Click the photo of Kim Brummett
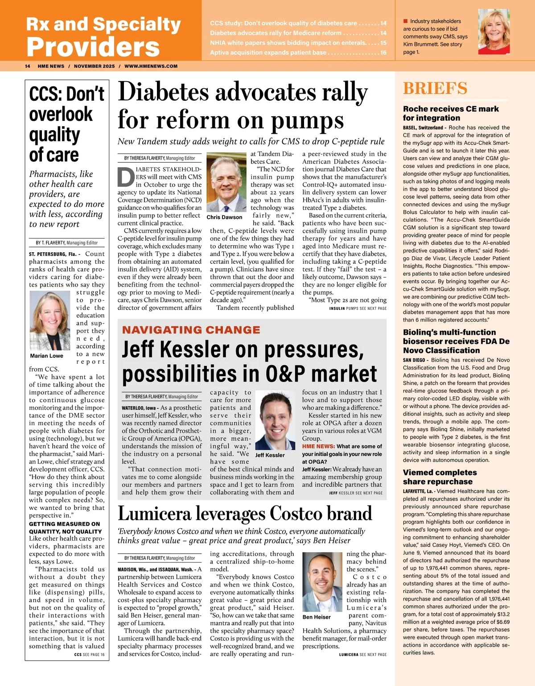[494, 32]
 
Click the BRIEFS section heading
[435, 88]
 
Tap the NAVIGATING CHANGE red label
[191, 330]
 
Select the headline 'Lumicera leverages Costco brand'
[244, 513]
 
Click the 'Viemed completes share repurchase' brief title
[440, 477]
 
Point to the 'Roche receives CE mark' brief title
[450, 113]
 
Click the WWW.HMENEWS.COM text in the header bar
[151, 66]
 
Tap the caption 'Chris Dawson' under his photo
[224, 218]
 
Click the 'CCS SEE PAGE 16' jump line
[89, 655]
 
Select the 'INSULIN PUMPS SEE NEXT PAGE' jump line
[358, 308]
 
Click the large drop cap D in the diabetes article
[125, 177]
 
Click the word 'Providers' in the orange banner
[93, 46]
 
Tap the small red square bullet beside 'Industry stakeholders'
[405, 21]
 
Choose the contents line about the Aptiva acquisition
[298, 53]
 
